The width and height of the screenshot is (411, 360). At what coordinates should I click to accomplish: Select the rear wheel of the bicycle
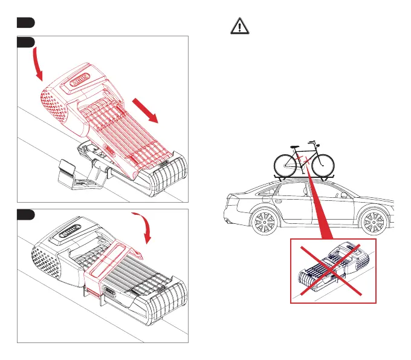286,163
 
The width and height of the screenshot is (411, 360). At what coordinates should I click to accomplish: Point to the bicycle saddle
294,146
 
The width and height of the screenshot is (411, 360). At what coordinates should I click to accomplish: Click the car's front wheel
373,223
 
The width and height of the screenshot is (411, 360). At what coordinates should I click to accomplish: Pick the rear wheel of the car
262,223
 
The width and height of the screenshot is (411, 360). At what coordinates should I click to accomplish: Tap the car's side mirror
344,195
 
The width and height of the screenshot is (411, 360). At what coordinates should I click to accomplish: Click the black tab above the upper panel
24,22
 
